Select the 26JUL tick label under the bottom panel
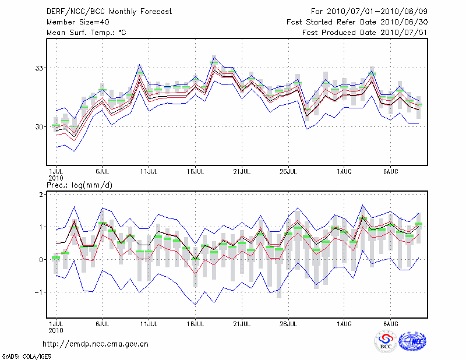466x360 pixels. tap(288, 323)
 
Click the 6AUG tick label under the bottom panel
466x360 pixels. tap(390, 323)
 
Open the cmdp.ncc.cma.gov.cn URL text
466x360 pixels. tap(96, 344)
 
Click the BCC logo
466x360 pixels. tap(386, 342)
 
